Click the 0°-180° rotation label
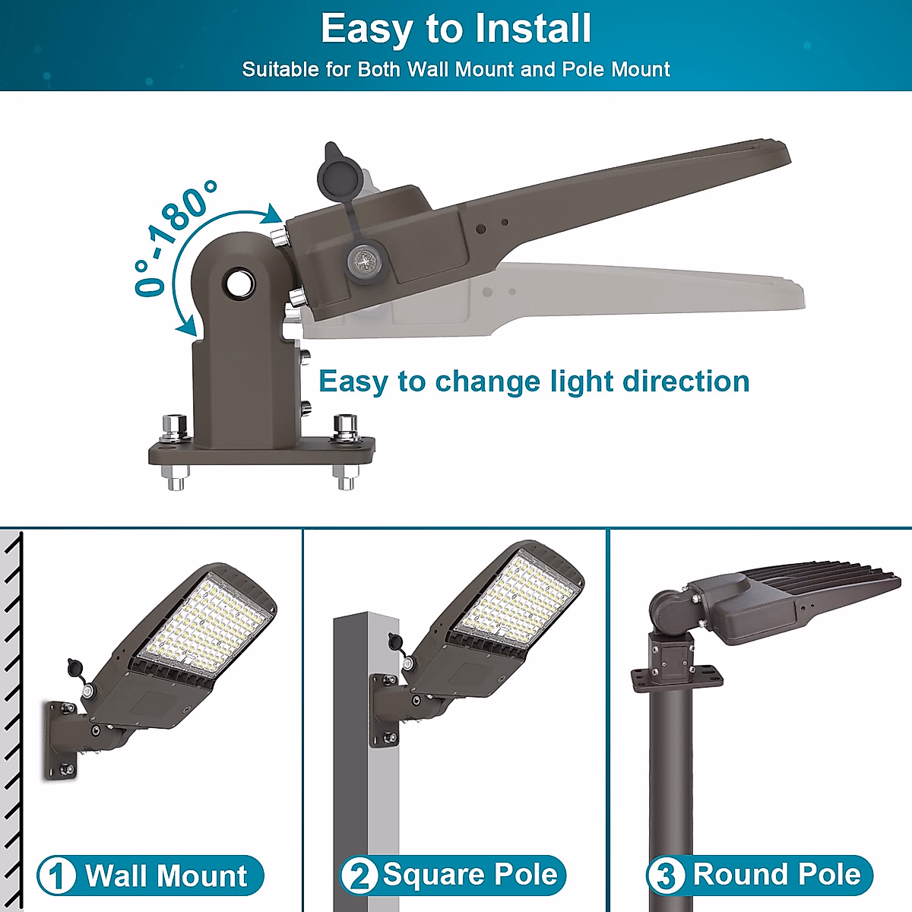(x=173, y=237)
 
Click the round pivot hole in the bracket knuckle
(x=239, y=283)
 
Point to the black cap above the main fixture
(x=334, y=171)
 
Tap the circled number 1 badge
(x=56, y=876)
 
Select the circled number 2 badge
(x=359, y=875)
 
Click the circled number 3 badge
(x=665, y=875)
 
